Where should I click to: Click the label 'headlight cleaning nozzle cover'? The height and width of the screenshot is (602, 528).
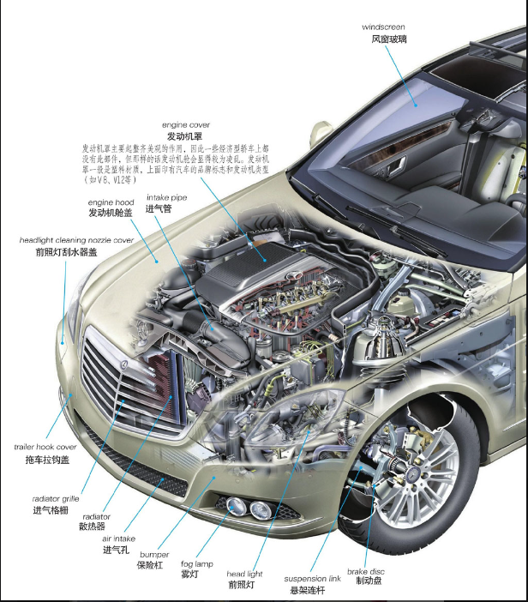[x=76, y=241]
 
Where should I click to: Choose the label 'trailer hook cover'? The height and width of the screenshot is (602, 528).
[x=45, y=447]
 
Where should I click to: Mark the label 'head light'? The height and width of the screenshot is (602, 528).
[x=244, y=574]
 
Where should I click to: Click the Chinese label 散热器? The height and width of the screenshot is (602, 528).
[x=92, y=526]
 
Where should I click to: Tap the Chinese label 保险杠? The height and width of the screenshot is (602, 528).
[x=152, y=566]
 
